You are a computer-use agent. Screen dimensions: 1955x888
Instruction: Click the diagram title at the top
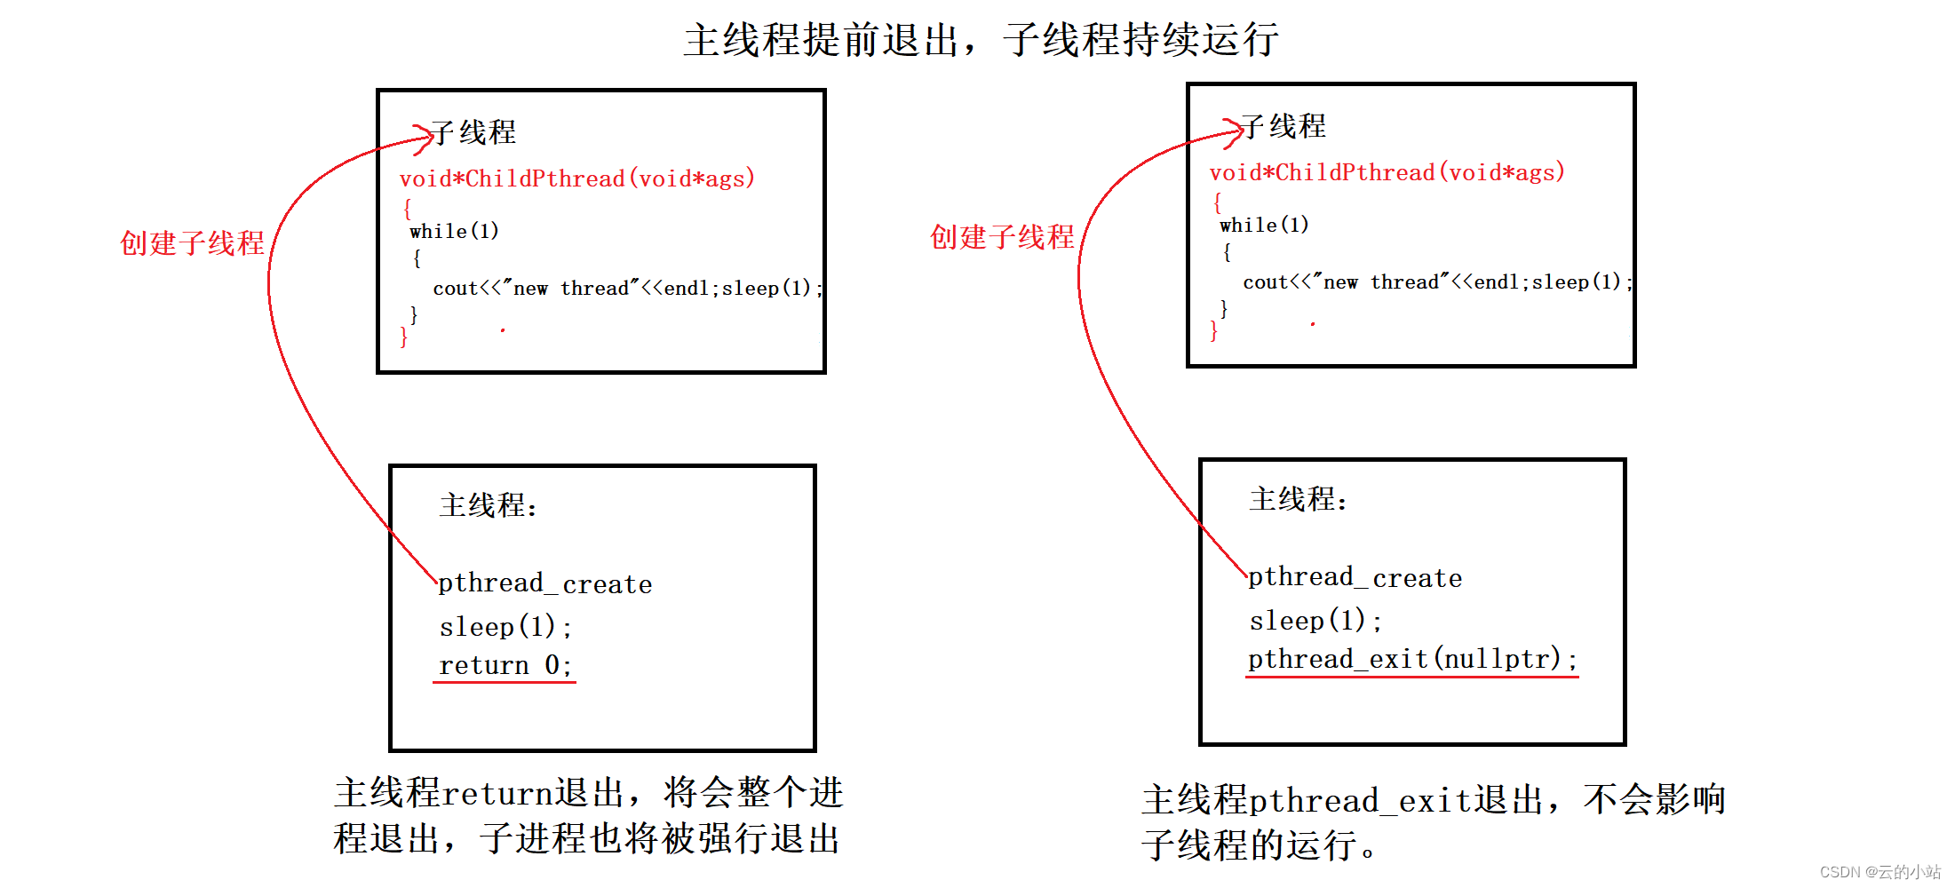981,40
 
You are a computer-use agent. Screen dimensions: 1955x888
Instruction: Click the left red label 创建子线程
192,242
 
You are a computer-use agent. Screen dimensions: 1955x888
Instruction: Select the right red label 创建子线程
1002,236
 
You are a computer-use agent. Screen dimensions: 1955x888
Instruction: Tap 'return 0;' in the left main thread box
505,665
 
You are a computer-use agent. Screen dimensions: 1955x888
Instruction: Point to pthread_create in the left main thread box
545,583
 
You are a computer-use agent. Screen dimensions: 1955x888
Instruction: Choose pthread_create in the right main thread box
1355,577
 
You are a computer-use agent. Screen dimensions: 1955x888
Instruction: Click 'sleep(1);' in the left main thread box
505,626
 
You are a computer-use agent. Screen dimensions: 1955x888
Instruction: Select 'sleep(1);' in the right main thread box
1315,620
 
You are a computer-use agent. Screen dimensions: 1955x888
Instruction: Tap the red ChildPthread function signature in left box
577,178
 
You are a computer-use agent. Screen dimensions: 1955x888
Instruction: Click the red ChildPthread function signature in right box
1387,172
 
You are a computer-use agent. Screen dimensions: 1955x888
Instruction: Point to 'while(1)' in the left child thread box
454,231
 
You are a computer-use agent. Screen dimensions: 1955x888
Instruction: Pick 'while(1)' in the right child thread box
1264,225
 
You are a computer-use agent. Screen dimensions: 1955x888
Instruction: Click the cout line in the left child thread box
627,288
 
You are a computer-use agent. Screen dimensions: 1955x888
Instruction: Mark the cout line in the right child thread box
1437,281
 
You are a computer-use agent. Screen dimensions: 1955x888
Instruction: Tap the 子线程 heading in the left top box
474,132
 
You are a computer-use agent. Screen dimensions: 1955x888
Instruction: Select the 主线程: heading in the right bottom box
1298,499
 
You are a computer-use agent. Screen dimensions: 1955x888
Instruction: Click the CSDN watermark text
1880,871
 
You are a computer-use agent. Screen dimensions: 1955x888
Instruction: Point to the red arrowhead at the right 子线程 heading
1234,131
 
